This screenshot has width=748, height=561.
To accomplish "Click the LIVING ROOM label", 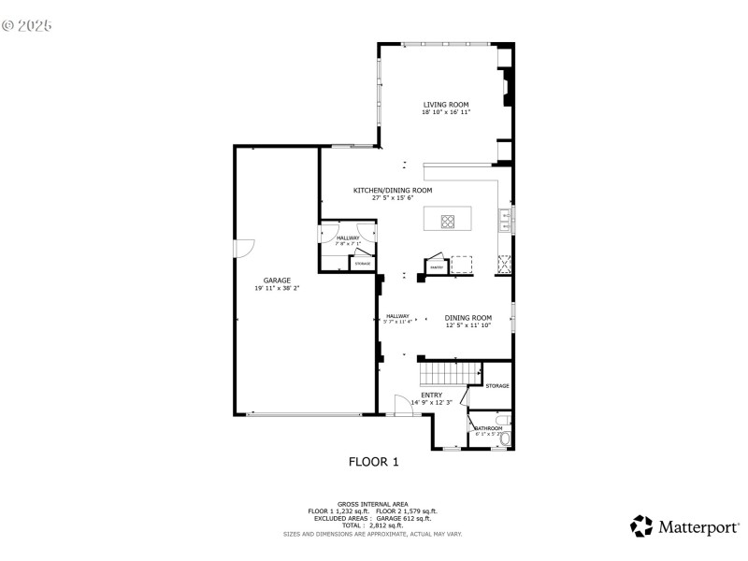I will pos(445,105).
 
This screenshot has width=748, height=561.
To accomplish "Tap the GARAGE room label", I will pos(276,280).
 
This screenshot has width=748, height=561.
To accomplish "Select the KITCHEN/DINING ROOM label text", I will pos(392,190).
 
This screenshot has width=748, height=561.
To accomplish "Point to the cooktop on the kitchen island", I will pos(448,222).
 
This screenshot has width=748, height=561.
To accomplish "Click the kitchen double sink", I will pos(506,221).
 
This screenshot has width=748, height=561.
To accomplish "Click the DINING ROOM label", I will pos(467,318).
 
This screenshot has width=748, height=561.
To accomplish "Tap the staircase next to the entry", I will pos(448,374).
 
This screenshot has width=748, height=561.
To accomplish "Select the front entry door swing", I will pos(403,406).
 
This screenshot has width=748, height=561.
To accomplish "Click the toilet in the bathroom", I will pos(506,437).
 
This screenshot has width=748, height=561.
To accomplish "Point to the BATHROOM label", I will pos(488,429).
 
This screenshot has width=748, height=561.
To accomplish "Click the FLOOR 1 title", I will pos(373,461).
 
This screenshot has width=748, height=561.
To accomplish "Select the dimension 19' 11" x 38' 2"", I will pos(276,289).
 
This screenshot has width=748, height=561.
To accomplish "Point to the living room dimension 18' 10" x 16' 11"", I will pos(445,112).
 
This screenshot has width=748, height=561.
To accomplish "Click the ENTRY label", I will pos(431,395).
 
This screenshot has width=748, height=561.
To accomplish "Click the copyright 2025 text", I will pos(27,25).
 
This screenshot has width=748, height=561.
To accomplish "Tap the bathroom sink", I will pos(503,419).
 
